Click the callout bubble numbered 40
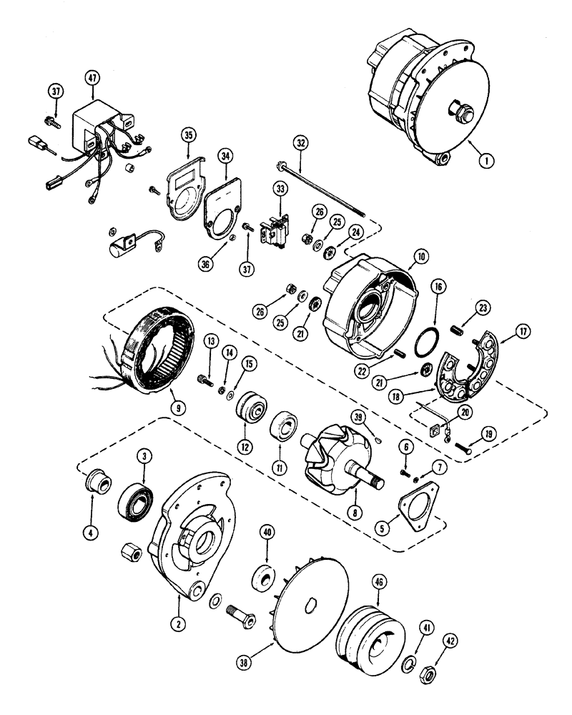[x=267, y=533]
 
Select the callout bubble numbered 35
[x=188, y=134]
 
